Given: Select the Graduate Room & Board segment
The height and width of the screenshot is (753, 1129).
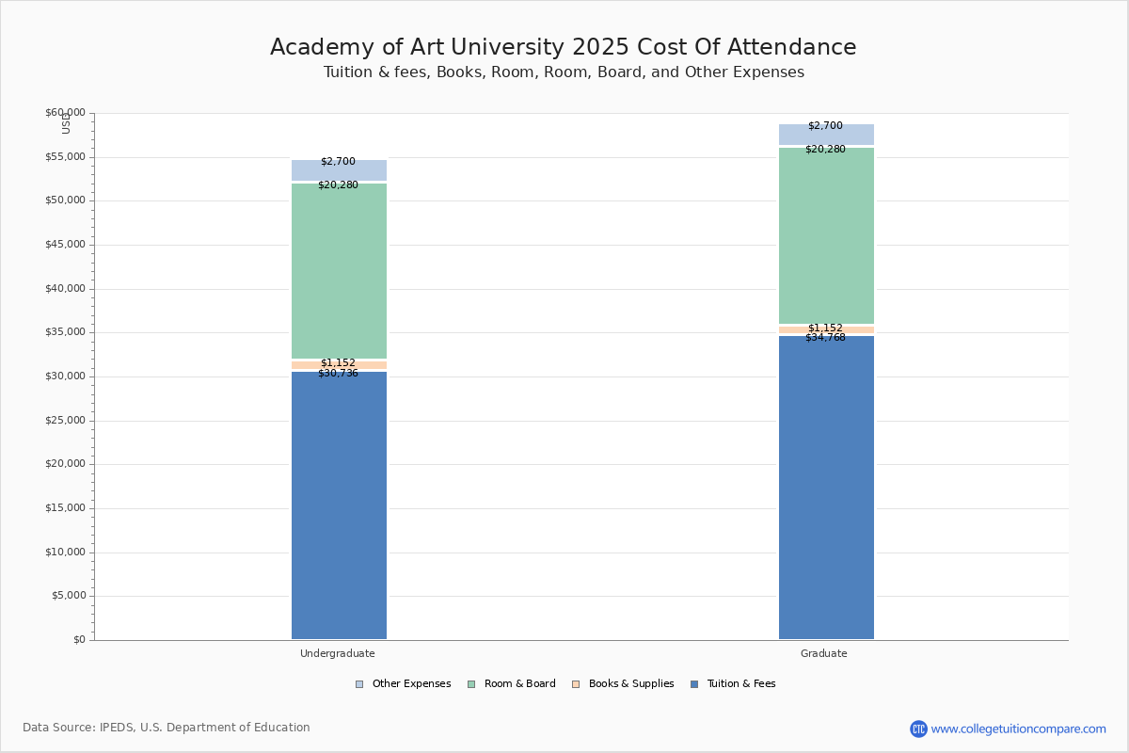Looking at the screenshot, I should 826,235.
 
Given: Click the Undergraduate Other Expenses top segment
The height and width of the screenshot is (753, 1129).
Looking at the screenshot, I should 339,171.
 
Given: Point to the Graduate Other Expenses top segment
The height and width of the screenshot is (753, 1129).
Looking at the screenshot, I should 826,136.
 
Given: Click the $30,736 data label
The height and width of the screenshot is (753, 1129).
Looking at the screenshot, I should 338,374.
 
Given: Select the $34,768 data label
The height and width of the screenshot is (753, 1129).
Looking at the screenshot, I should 825,338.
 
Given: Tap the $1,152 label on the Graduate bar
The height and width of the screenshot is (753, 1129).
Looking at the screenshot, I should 825,328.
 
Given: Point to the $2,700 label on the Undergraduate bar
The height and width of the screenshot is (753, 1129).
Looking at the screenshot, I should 338,162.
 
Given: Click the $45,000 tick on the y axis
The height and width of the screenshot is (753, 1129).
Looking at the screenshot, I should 65,245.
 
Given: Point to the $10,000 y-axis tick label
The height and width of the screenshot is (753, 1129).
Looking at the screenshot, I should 65,553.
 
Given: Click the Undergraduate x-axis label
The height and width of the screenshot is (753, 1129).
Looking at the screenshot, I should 338,653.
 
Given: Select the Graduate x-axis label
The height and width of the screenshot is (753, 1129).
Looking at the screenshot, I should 824,653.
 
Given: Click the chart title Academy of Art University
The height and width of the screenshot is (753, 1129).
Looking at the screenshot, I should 564,48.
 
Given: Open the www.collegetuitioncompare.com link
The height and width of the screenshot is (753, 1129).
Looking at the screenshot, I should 1018,729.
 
